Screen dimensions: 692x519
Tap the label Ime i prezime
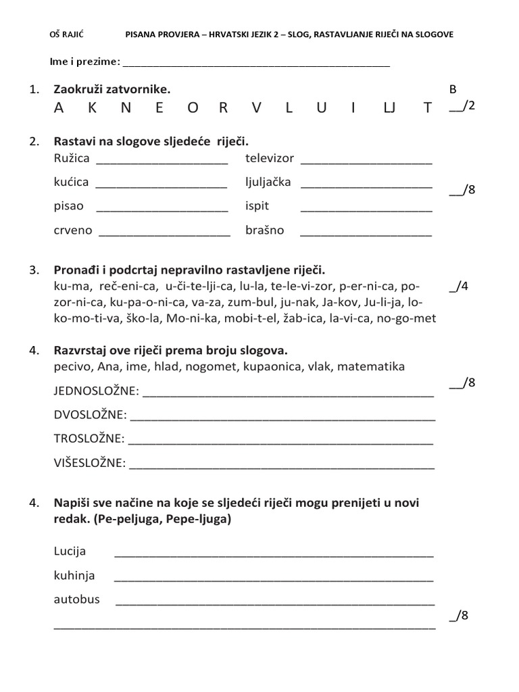pos(84,62)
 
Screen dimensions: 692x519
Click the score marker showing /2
pos(463,106)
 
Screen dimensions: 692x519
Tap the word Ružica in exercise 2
pos(71,159)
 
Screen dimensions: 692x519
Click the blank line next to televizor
pos(366,163)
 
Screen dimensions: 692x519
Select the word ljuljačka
pos(268,182)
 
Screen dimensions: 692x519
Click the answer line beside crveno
pos(164,234)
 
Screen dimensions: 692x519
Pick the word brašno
pos(265,230)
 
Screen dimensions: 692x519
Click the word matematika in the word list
pos(371,366)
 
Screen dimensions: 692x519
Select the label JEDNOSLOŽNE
pos(96,391)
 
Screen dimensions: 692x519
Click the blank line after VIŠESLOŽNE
pos(282,467)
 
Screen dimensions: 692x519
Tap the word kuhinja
pos(74,575)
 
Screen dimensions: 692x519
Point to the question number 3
pos(34,270)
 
